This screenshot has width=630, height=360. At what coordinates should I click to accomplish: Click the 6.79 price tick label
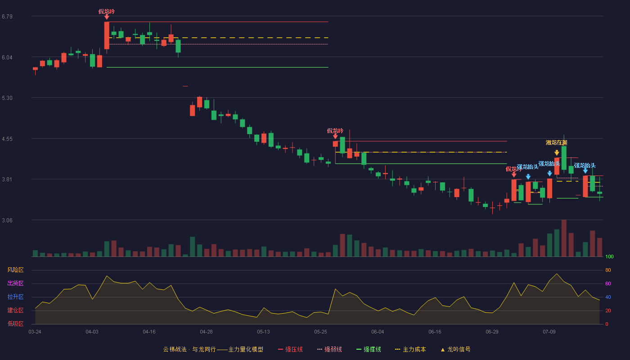(x=7, y=17)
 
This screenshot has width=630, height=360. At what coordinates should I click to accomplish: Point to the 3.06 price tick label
(x=7, y=220)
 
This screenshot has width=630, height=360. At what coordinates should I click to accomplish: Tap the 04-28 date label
(x=206, y=332)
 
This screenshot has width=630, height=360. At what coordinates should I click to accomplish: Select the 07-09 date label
(x=549, y=332)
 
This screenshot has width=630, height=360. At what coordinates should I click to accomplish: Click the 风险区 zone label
(x=15, y=270)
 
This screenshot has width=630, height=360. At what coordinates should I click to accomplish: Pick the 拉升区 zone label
(x=15, y=297)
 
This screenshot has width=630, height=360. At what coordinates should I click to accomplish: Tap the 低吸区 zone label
(x=15, y=324)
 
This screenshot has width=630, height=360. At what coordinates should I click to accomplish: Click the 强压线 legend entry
(x=290, y=349)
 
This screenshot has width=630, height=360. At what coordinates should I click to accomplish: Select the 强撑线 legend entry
(x=369, y=349)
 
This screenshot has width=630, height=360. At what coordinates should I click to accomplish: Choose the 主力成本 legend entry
(x=410, y=349)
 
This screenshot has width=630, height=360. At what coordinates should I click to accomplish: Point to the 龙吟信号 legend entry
(x=455, y=349)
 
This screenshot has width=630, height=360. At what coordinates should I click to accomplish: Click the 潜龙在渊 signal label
(x=556, y=143)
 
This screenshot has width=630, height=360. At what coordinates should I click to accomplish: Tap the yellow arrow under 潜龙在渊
(x=557, y=153)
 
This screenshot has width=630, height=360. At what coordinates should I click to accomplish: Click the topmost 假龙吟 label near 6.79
(x=107, y=12)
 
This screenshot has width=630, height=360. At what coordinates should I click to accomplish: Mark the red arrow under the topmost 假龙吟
(x=107, y=18)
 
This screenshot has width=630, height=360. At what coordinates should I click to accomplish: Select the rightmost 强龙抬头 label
(x=585, y=166)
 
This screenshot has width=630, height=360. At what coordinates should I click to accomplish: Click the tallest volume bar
(x=564, y=238)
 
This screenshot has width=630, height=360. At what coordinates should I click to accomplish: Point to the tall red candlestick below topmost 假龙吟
(x=107, y=36)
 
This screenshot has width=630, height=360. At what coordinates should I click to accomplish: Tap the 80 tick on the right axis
(x=608, y=270)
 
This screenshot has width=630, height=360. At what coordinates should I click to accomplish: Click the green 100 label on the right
(x=609, y=256)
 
